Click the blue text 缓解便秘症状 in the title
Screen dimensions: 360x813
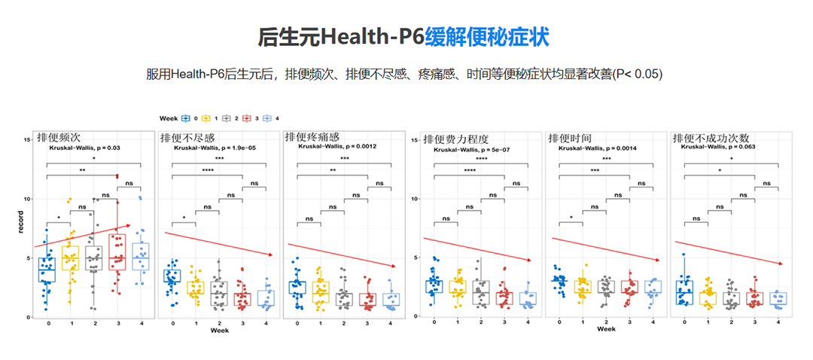click(486, 37)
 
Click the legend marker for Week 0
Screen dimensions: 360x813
click(187, 119)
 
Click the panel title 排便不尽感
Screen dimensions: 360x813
click(187, 139)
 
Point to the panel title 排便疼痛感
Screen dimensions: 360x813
click(312, 139)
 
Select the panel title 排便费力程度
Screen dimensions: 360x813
click(455, 139)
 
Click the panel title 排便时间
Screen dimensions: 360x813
click(570, 139)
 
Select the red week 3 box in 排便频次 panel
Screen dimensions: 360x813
click(117, 252)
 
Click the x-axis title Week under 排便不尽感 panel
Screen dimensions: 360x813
click(220, 331)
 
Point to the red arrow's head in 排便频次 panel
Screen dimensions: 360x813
click(129, 224)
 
